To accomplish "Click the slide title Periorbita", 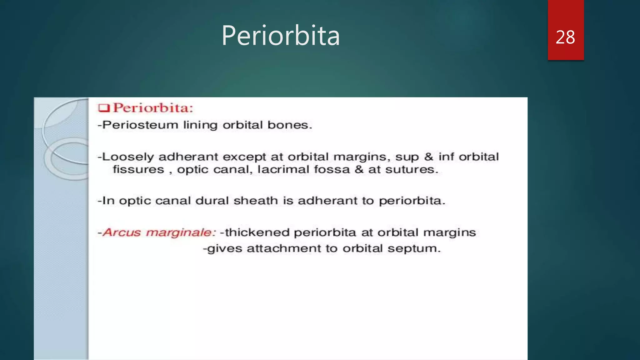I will (x=280, y=36).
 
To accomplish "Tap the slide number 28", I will (x=565, y=37).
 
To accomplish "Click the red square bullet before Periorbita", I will (x=104, y=108).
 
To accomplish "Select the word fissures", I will (x=138, y=169).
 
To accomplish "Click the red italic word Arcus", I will (x=122, y=232).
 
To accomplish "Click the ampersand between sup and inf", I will (x=428, y=157).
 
